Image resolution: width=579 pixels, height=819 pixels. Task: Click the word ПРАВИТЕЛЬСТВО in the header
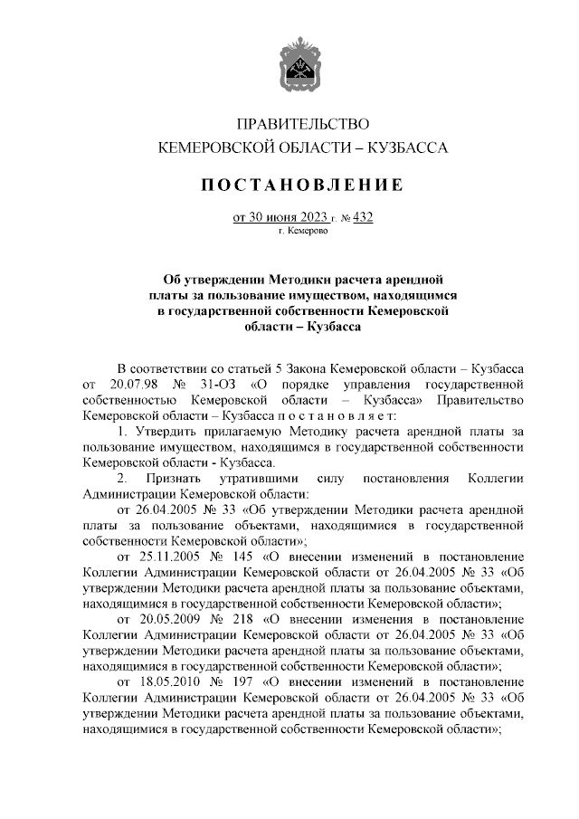point(302,122)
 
